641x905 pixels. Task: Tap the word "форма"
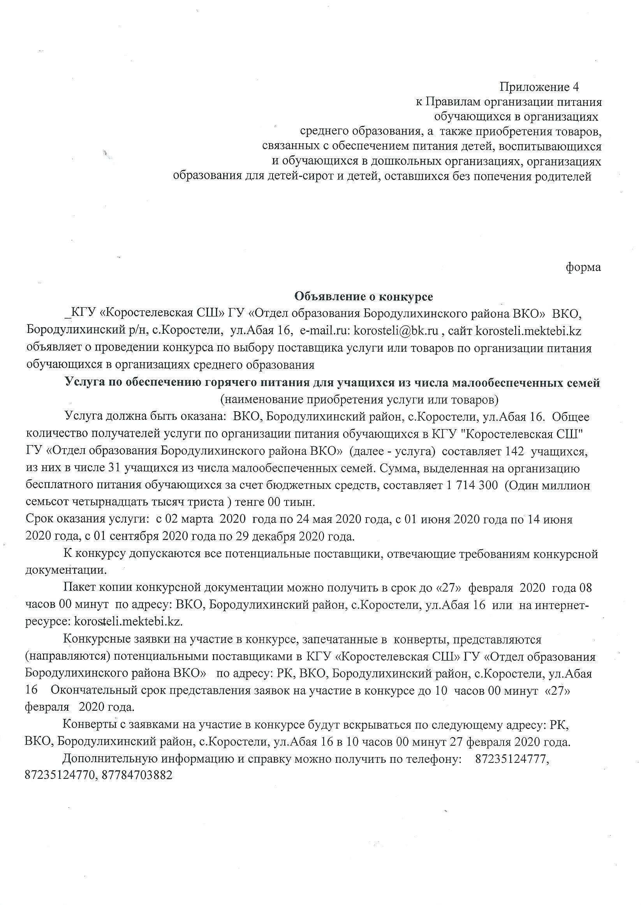click(583, 267)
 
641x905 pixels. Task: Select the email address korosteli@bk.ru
click(396, 331)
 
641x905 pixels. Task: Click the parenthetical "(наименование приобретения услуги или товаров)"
click(359, 400)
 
